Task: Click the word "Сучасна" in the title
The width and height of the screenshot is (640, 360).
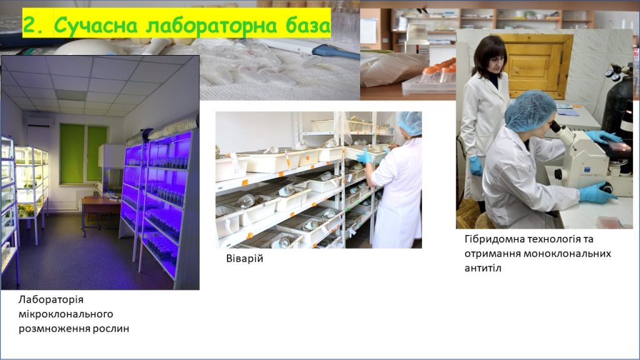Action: [96, 25]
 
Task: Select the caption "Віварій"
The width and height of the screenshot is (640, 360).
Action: [244, 258]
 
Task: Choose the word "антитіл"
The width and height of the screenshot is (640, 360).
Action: [482, 268]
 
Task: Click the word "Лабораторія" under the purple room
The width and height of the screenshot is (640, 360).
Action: [51, 299]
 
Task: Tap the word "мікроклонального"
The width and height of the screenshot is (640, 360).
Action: [66, 314]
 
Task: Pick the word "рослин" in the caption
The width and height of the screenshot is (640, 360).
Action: [111, 329]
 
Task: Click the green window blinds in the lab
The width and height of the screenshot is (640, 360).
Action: [83, 154]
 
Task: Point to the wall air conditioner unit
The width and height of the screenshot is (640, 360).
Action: [39, 122]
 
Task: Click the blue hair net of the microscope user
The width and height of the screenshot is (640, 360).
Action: [529, 111]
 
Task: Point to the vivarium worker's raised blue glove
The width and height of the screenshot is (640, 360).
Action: [365, 156]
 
